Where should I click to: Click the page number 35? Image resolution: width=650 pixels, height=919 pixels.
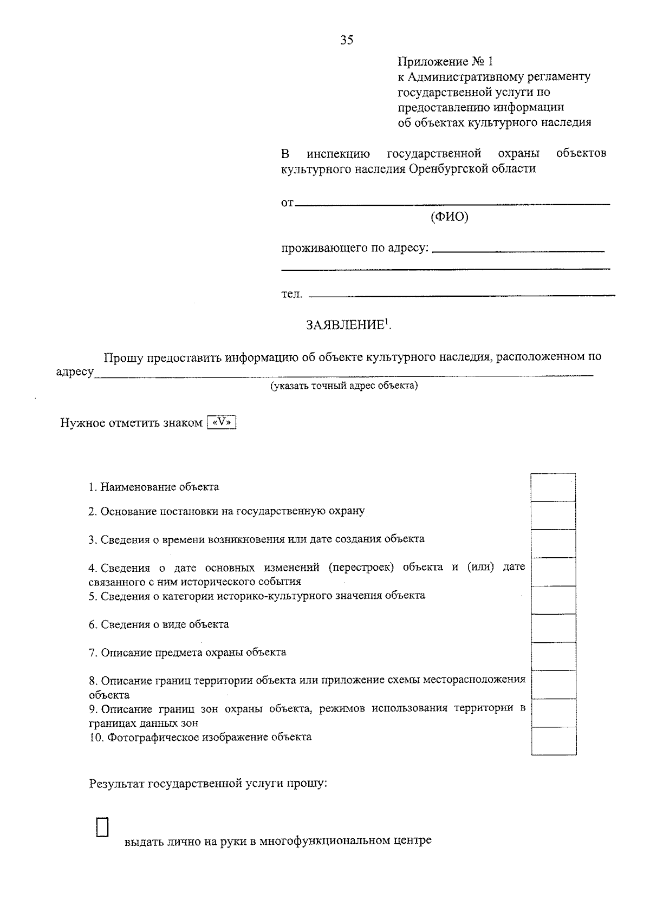point(347,40)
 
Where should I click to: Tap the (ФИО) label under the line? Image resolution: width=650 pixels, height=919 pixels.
point(449,217)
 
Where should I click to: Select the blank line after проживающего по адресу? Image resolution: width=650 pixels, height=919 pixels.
point(519,250)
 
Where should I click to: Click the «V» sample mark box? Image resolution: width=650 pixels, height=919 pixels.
point(222,422)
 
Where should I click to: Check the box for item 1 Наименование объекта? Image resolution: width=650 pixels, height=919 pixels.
point(553,487)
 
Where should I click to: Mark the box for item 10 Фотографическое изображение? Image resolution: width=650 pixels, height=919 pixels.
point(553,741)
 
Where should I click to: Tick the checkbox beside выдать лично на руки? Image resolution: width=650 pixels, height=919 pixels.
point(102,827)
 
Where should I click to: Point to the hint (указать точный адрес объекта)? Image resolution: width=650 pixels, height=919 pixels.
point(344,386)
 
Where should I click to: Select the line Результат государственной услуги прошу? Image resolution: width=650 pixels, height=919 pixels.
point(208,784)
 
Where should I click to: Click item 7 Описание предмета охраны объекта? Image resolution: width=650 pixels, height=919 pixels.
point(187,653)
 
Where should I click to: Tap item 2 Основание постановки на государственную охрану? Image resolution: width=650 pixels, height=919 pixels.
point(226,511)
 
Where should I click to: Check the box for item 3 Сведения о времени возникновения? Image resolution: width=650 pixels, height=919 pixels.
point(553,544)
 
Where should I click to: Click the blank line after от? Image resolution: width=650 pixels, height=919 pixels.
point(453,204)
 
